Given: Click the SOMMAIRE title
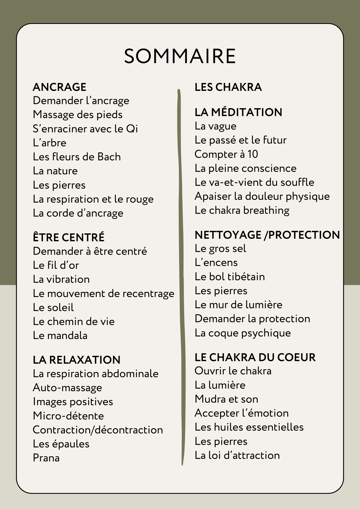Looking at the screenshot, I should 180,56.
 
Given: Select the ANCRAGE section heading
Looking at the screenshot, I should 60,87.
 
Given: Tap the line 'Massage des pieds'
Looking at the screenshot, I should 78,115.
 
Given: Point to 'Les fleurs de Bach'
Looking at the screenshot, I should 77,157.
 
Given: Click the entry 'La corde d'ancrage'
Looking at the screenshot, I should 78,213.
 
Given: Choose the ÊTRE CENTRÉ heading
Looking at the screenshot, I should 68,237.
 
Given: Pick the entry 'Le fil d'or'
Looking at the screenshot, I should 56,265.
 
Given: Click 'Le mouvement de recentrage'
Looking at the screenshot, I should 103,294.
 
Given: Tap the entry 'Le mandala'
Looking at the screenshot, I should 60,336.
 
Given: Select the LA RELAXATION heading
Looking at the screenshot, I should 77,360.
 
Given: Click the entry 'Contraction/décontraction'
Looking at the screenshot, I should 98,430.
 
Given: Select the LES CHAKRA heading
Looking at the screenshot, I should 228,87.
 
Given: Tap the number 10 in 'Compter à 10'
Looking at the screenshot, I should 253,154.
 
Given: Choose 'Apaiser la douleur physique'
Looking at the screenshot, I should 262,196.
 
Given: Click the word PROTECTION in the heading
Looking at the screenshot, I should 304,235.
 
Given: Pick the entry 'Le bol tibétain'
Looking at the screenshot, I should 230,277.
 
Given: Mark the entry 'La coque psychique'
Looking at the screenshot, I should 243,333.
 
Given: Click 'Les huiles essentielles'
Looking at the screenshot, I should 249,427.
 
